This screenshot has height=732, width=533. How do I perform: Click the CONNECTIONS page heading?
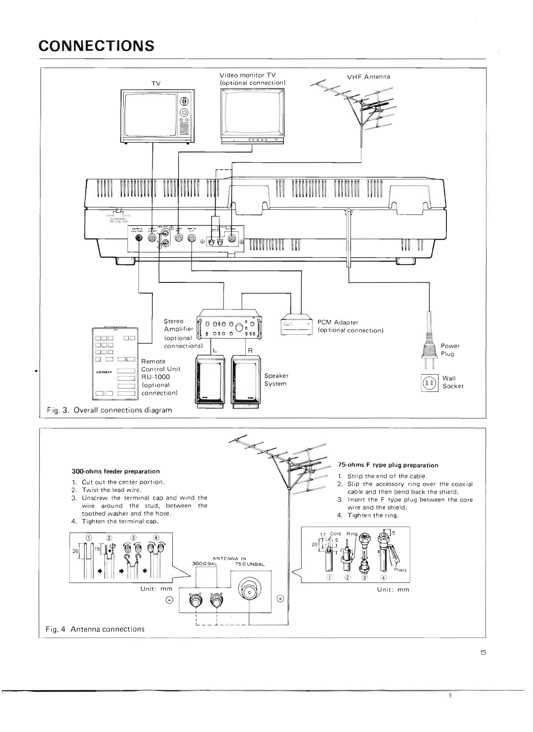(96, 46)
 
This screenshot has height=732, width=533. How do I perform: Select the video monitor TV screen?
(252, 112)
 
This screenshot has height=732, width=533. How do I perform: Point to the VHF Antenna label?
(368, 77)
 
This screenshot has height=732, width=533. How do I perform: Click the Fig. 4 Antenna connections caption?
(95, 629)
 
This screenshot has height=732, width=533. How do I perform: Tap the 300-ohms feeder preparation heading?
(115, 471)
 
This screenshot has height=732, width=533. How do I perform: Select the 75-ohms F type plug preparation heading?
(388, 465)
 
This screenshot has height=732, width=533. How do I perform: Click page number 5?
(483, 653)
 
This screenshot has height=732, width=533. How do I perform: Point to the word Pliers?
(400, 570)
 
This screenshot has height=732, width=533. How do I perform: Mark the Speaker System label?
(276, 379)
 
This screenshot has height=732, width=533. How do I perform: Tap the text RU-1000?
(155, 377)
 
